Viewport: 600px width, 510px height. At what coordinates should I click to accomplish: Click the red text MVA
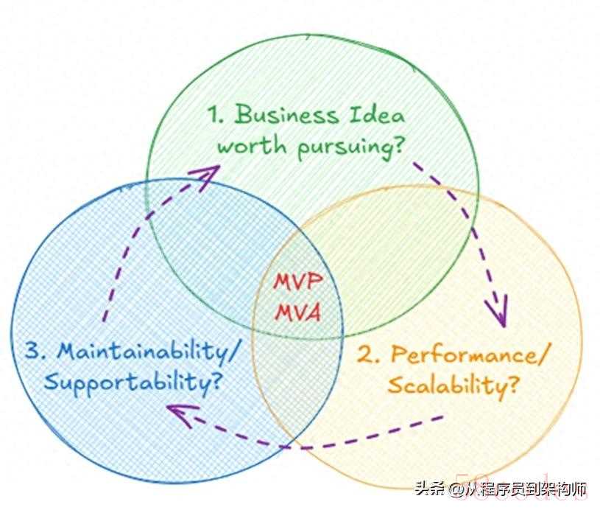coord(297,312)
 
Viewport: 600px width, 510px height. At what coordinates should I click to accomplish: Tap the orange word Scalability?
coord(451,386)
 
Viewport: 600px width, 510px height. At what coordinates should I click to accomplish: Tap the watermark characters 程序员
coord(503,489)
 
